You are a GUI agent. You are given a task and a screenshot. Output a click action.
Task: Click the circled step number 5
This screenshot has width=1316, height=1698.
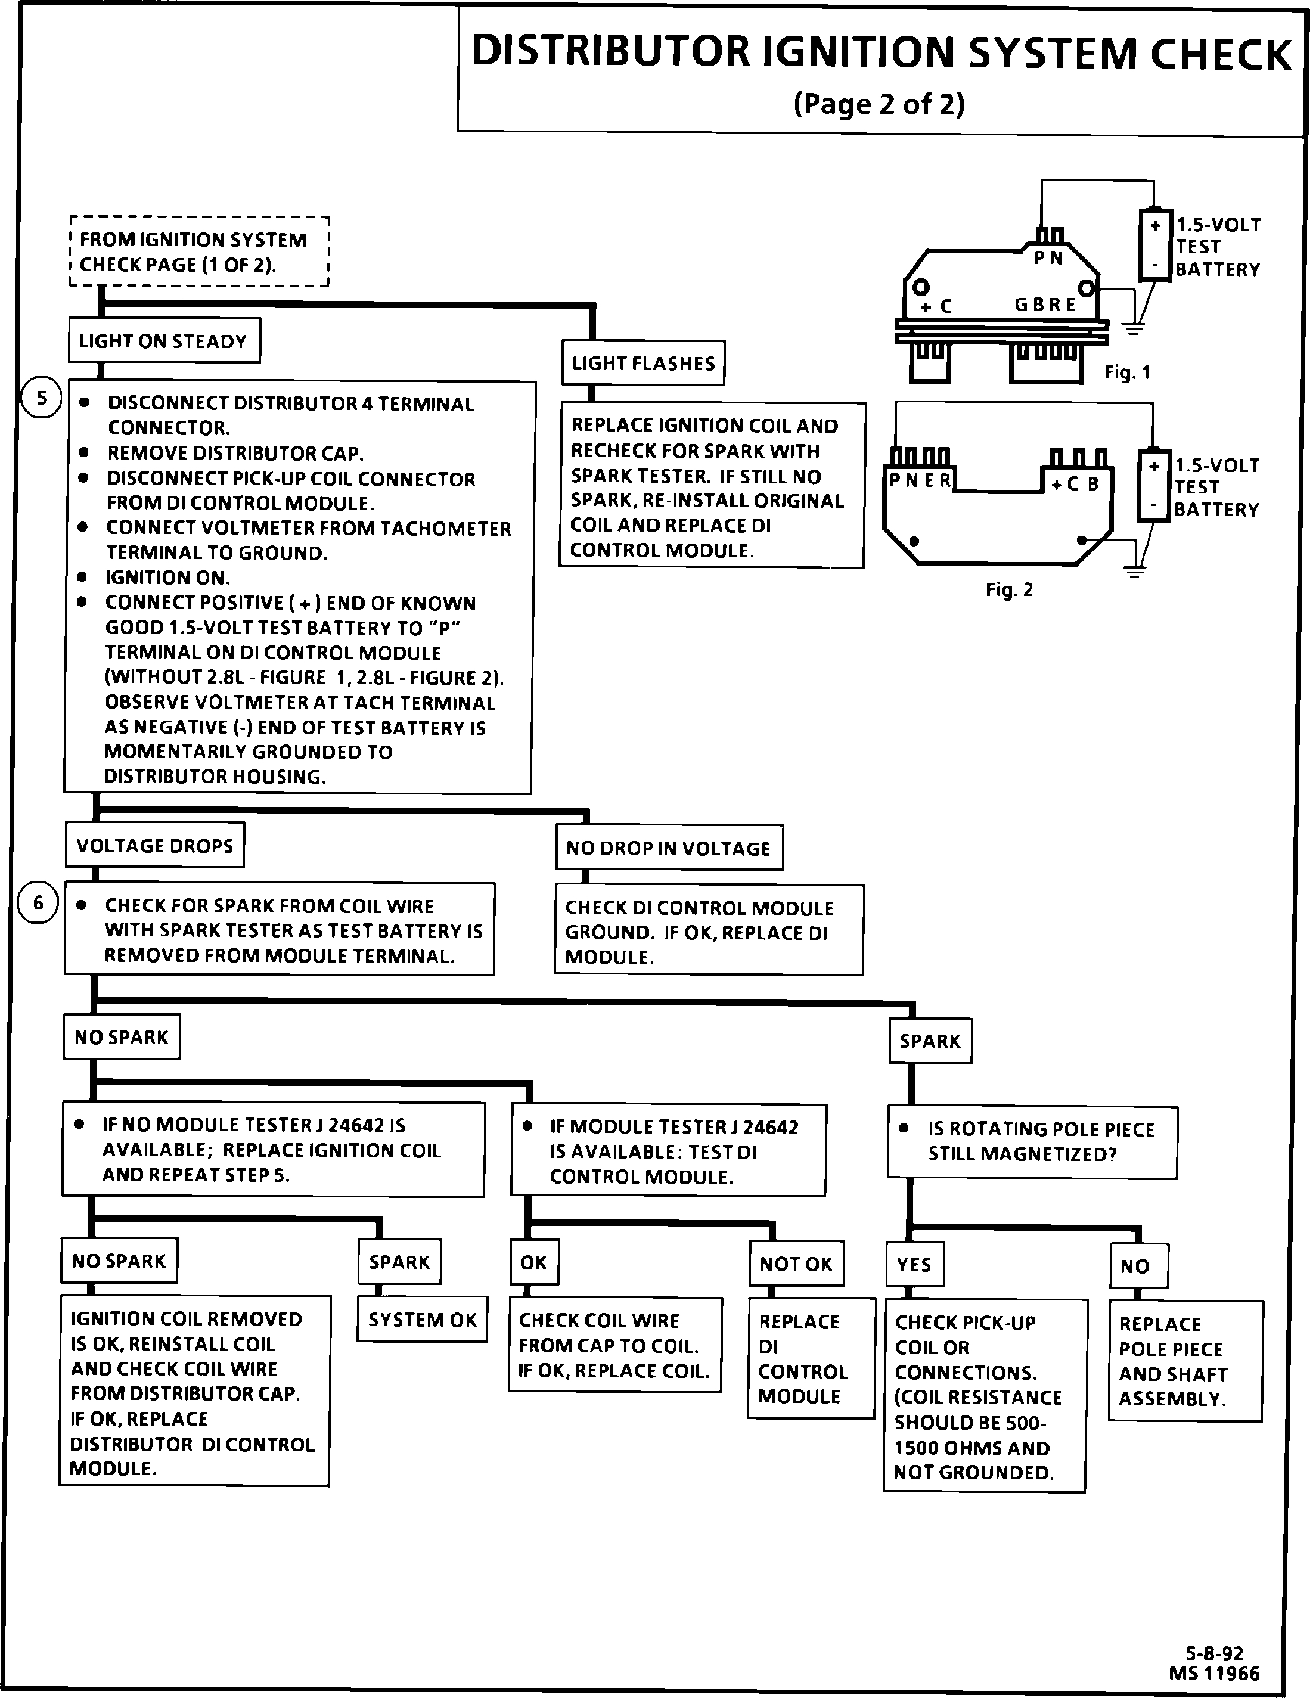pyautogui.click(x=41, y=399)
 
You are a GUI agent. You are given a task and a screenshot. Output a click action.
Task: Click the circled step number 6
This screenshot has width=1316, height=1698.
pyautogui.click(x=38, y=903)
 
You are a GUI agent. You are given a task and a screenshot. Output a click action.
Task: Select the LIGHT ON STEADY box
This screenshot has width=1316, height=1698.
pyautogui.click(x=164, y=340)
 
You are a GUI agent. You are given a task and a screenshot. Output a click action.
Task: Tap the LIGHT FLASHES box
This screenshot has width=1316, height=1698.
pyautogui.click(x=643, y=363)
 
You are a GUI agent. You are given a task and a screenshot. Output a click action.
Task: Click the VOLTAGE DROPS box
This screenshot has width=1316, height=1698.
pyautogui.click(x=155, y=845)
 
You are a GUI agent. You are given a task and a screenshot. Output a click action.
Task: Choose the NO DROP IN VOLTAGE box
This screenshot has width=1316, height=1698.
pyautogui.click(x=669, y=848)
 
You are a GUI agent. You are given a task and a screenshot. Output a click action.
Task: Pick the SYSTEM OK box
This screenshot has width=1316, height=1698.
pyautogui.click(x=422, y=1320)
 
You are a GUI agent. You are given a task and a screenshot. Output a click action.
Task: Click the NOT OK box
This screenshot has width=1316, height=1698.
pyautogui.click(x=796, y=1264)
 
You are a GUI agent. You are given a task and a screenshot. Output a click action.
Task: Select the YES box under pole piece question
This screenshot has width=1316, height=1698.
pyautogui.click(x=914, y=1264)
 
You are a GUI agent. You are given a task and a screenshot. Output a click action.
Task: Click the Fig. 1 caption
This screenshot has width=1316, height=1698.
pyautogui.click(x=1127, y=373)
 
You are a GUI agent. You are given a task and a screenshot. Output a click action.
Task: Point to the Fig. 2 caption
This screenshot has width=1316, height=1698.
pyautogui.click(x=1009, y=590)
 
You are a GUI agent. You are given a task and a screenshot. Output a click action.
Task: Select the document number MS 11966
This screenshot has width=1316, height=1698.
pyautogui.click(x=1213, y=1672)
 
